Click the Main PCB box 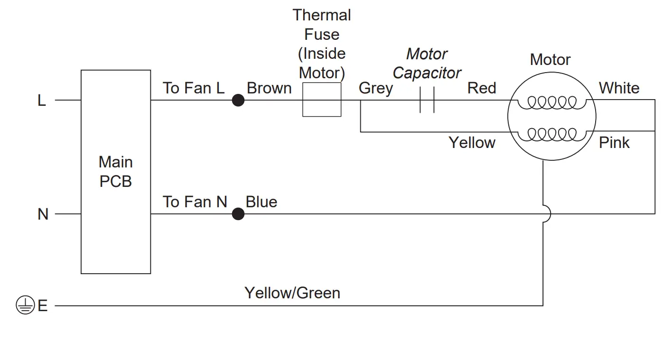click(x=116, y=172)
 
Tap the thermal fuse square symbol click(x=322, y=100)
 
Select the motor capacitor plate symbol click(x=427, y=100)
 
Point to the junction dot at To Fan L click(x=238, y=100)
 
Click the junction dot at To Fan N click(x=238, y=214)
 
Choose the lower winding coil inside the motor click(x=551, y=134)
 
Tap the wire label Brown click(x=269, y=88)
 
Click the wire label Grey click(x=375, y=88)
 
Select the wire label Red click(x=481, y=88)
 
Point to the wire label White click(x=619, y=88)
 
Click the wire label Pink click(x=614, y=143)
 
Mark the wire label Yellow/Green click(x=292, y=293)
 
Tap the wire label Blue click(x=261, y=202)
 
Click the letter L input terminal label click(x=42, y=101)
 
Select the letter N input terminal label click(x=43, y=214)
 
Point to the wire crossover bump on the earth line click(x=547, y=214)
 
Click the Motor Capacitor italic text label click(x=427, y=64)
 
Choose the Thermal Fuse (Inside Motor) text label click(x=322, y=44)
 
